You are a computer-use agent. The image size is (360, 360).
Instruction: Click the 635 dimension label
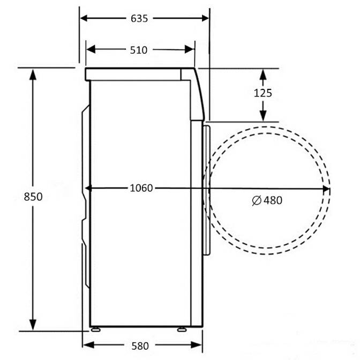[x=139, y=19]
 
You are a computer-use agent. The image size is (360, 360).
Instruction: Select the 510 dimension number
[x=138, y=50]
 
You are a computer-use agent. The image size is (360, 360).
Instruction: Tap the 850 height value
[x=33, y=197]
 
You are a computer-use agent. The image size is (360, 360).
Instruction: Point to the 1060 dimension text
[x=141, y=188]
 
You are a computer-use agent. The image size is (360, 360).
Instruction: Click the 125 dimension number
[x=263, y=93]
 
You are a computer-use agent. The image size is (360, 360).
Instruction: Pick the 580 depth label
[x=140, y=346]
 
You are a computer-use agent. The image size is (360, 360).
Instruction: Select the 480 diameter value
[x=273, y=200]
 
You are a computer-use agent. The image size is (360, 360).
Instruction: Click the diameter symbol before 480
[x=257, y=200]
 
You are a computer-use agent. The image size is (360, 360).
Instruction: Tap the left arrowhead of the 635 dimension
[x=84, y=18]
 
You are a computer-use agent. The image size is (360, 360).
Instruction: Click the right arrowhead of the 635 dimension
[x=205, y=18]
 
